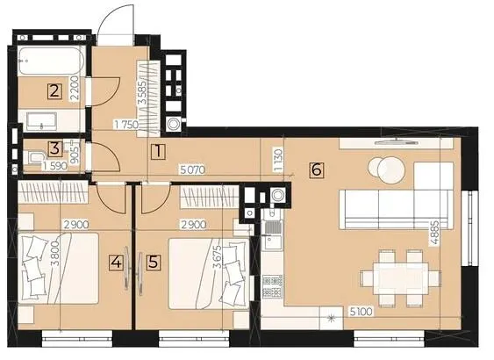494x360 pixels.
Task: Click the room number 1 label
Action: click(x=158, y=152)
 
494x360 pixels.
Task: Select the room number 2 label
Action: click(x=54, y=91)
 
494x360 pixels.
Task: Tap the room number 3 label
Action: click(x=55, y=148)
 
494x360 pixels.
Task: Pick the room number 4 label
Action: click(x=116, y=263)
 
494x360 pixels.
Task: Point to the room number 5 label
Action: click(x=154, y=263)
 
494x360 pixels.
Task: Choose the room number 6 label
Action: click(x=316, y=170)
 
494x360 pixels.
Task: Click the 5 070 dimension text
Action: click(x=192, y=170)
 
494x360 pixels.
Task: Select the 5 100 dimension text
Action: click(x=361, y=312)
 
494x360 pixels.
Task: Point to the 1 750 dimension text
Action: click(x=126, y=125)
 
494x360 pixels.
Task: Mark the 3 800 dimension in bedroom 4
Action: click(x=55, y=255)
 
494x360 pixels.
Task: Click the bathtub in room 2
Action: click(x=51, y=61)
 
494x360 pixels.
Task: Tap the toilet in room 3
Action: click(x=35, y=157)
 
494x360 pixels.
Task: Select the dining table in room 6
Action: click(x=400, y=278)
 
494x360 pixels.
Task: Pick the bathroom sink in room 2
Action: click(x=42, y=121)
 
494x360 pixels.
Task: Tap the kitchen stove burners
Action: click(x=273, y=286)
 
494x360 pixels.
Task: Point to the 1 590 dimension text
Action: click(x=54, y=166)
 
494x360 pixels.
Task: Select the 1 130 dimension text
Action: click(x=279, y=160)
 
